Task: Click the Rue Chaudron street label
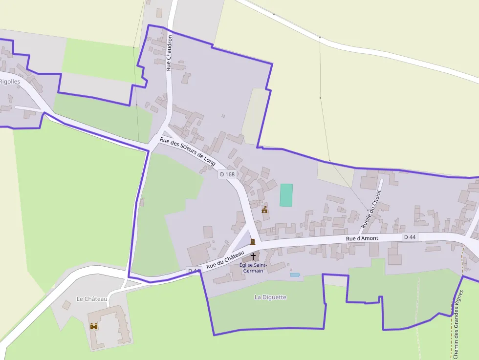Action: pos(169,53)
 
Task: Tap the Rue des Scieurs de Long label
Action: pos(188,151)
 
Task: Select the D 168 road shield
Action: pos(227,174)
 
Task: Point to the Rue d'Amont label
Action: pos(362,238)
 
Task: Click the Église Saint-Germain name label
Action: pos(253,268)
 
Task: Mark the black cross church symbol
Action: pos(253,256)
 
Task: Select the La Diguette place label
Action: pos(270,297)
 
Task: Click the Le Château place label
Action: pos(92,298)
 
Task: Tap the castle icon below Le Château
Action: pos(94,326)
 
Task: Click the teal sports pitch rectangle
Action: pos(286,195)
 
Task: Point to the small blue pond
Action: pos(295,275)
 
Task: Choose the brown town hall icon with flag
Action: pos(264,210)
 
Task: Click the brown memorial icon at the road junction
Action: pos(253,242)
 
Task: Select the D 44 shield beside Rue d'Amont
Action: pos(410,237)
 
